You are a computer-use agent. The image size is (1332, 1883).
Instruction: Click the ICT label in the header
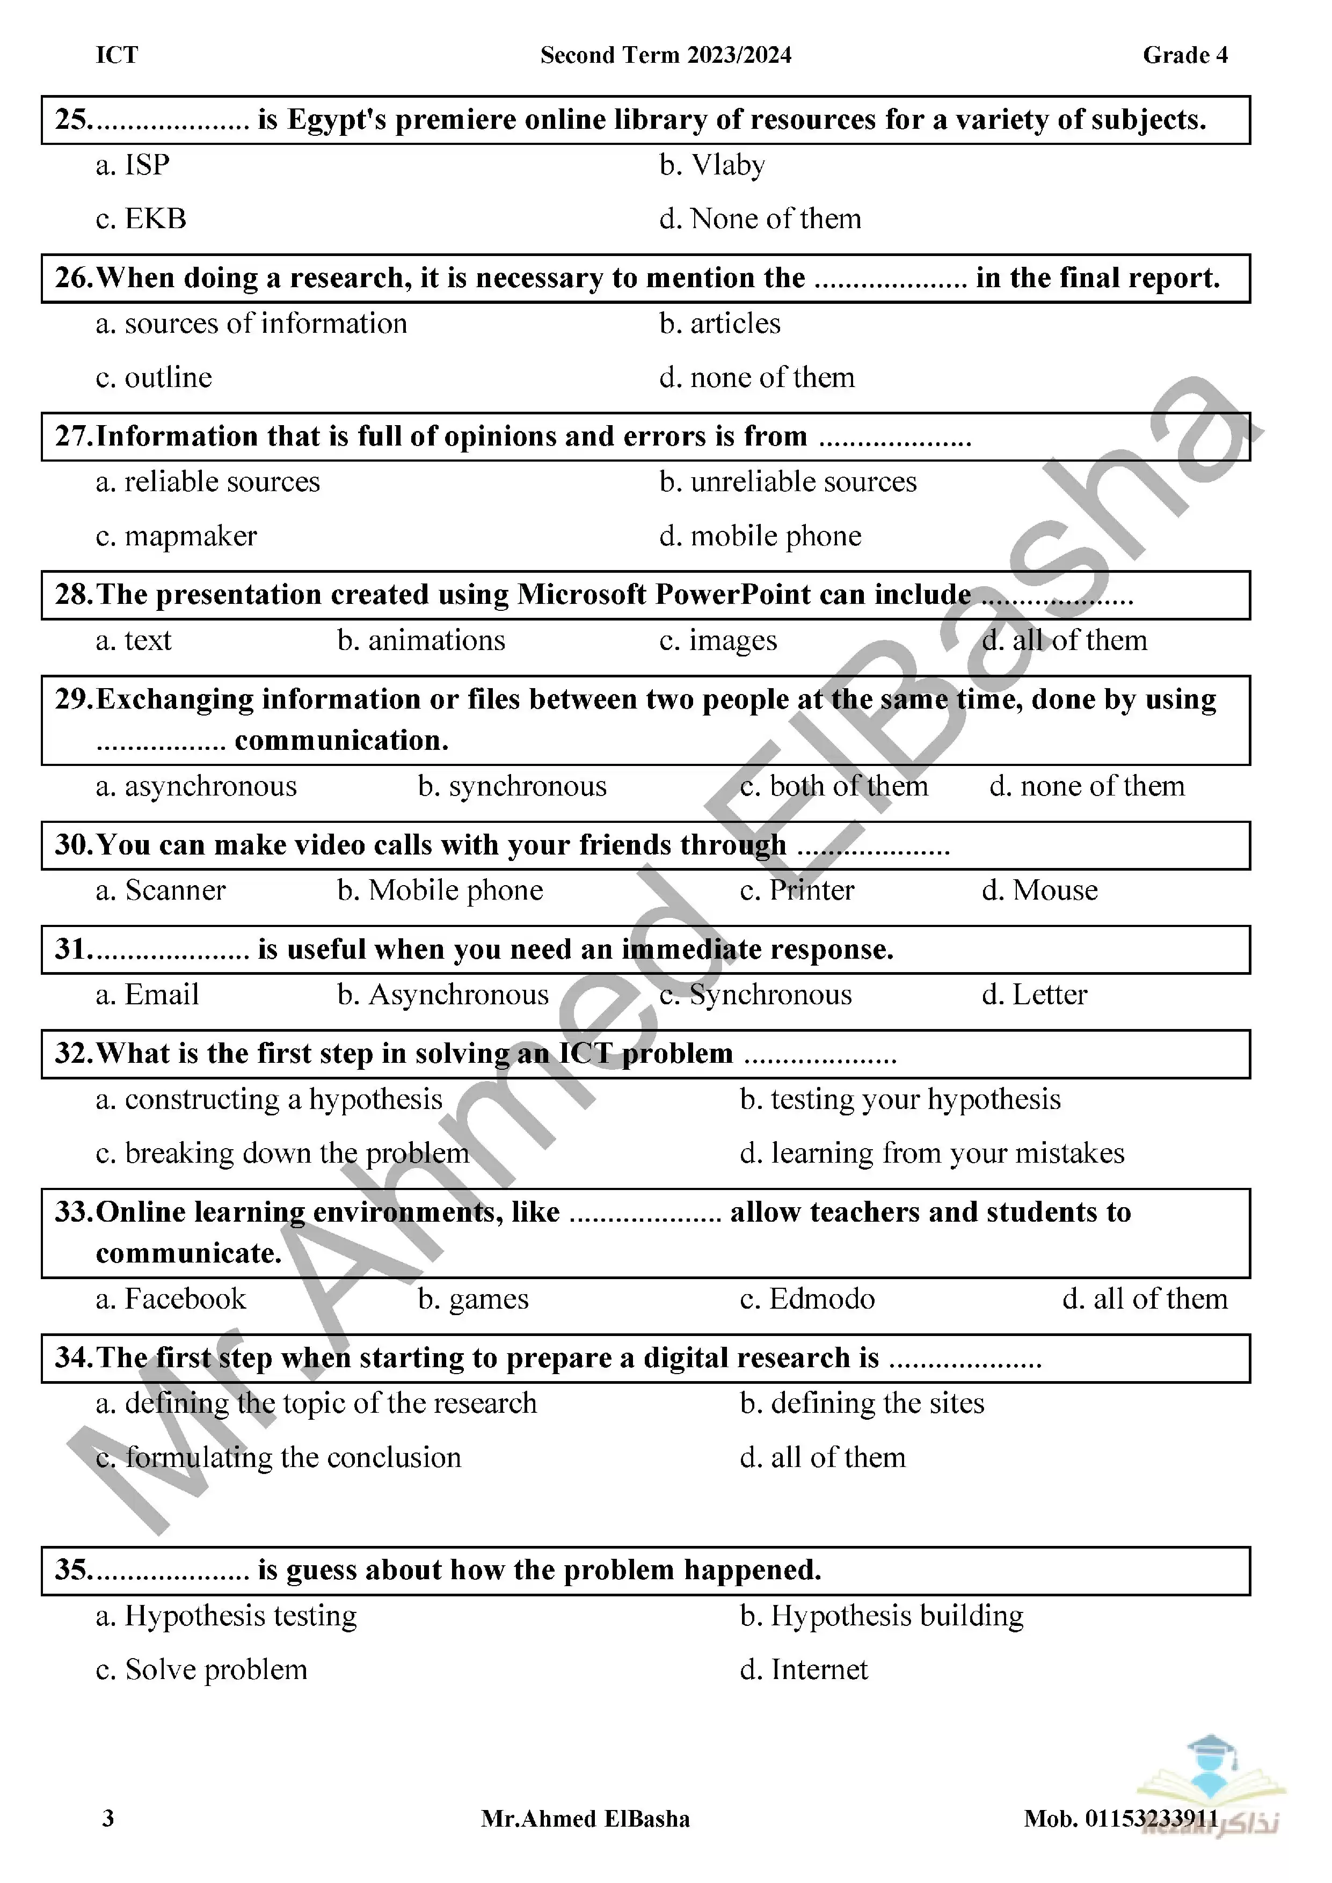click(117, 55)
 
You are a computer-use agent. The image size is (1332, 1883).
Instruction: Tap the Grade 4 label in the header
click(1185, 55)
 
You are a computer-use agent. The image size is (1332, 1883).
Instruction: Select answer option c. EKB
click(141, 219)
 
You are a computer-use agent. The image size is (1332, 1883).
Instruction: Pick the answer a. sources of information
click(251, 324)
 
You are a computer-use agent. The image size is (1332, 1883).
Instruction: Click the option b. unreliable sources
click(788, 482)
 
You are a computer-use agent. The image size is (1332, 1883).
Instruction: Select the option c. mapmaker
click(176, 536)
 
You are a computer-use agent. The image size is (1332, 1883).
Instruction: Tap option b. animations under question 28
click(421, 640)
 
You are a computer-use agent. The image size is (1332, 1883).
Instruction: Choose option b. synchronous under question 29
click(512, 786)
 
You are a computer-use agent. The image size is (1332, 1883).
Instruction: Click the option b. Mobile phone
click(440, 891)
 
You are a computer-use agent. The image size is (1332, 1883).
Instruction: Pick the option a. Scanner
click(161, 891)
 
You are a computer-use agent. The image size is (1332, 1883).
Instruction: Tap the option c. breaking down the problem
click(282, 1154)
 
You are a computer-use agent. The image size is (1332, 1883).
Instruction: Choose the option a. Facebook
click(171, 1299)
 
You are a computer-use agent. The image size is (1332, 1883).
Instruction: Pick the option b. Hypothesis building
click(882, 1616)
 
